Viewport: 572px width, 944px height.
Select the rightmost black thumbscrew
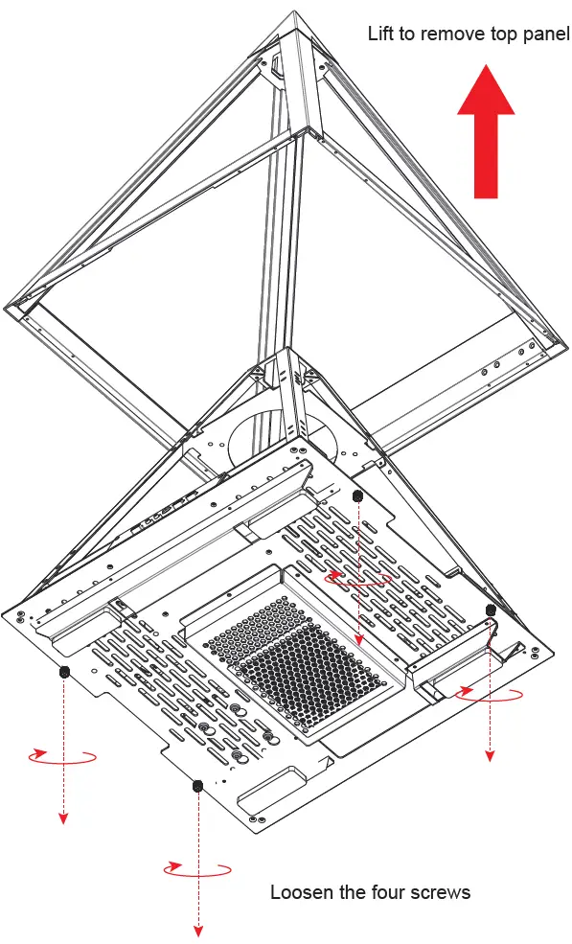491,610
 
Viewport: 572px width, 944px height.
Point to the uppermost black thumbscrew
357,495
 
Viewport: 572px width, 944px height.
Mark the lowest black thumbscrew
197,786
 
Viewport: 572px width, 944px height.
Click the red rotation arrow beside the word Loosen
197,870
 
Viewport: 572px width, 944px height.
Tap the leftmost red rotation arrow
62,756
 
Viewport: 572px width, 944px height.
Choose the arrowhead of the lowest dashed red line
199,931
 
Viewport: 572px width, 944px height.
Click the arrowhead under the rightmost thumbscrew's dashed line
490,756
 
